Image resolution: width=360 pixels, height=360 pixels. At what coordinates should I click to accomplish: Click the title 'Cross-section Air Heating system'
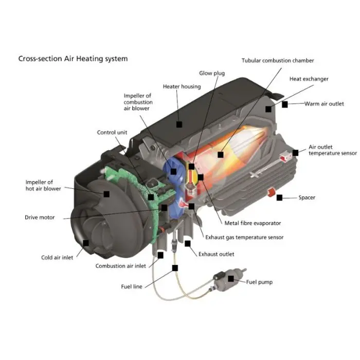[x=73, y=59]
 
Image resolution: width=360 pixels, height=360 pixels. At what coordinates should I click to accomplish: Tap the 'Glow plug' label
[x=212, y=74]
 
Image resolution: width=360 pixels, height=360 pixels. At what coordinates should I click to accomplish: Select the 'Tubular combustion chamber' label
[x=278, y=61]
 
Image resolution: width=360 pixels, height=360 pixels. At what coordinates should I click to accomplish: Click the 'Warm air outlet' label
[x=324, y=104]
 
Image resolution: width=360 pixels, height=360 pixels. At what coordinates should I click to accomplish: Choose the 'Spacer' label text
[x=307, y=197]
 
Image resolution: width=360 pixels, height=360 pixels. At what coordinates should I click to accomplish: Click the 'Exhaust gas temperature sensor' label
[x=244, y=238]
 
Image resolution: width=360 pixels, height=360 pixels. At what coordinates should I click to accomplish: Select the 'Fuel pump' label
[x=259, y=282]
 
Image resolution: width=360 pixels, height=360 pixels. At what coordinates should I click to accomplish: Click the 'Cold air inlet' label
[x=57, y=258]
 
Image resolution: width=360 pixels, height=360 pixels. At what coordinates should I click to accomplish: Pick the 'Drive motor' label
[x=40, y=218]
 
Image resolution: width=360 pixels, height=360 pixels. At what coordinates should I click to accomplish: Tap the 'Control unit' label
[x=112, y=133]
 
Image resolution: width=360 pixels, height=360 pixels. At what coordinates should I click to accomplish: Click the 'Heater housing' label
[x=182, y=86]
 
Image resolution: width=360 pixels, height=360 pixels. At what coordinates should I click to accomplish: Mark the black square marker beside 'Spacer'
[x=279, y=197]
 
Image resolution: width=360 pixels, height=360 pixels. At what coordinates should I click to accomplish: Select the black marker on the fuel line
[x=175, y=267]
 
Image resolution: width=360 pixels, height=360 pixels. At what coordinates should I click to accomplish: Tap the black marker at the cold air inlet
[x=85, y=243]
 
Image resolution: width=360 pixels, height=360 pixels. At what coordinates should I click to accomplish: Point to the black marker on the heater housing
[x=179, y=124]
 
